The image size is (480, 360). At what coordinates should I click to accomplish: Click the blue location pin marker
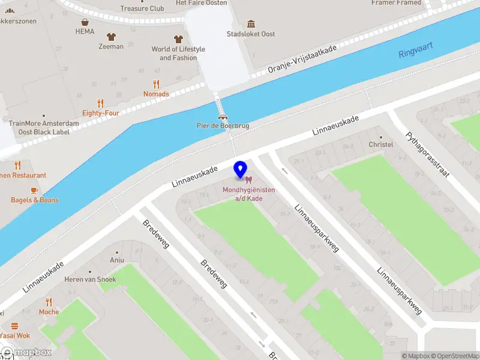tap(241, 169)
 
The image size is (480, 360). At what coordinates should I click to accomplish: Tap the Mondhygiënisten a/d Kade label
tap(248, 194)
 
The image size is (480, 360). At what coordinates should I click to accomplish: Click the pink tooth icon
tap(248, 179)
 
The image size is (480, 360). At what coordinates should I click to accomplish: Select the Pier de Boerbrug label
tap(223, 126)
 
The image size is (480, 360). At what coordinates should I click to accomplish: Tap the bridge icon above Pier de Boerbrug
tap(223, 116)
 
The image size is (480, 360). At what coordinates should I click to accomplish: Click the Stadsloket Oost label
tap(251, 34)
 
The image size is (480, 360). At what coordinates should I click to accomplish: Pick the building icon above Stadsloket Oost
tap(251, 23)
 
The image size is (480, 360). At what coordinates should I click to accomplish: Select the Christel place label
tap(380, 145)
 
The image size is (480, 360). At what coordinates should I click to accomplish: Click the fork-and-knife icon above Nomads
tap(156, 84)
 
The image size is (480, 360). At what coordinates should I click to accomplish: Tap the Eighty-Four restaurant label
tap(101, 113)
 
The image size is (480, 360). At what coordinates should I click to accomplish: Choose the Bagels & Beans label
tap(35, 200)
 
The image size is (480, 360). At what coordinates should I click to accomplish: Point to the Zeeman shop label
tap(111, 46)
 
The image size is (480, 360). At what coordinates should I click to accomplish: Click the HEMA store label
tap(85, 31)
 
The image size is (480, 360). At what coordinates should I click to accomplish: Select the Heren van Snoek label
tap(90, 280)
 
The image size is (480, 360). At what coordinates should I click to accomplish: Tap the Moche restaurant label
tap(49, 312)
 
